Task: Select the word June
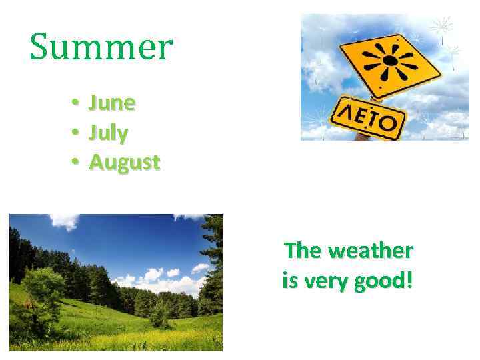pos(112,103)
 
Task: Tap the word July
pos(109,133)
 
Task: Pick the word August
pos(125,163)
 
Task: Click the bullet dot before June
pos(77,103)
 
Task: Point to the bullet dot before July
pos(77,133)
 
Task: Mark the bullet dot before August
pos(77,162)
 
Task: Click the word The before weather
pos(303,251)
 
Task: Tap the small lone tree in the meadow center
pos(159,313)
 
